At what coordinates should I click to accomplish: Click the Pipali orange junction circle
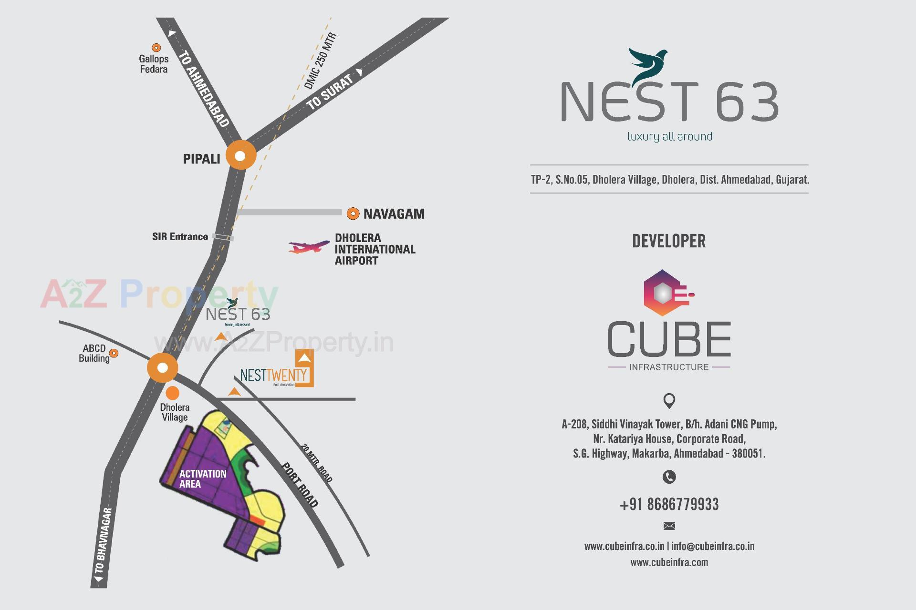pos(240,155)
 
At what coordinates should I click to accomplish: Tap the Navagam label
pos(394,214)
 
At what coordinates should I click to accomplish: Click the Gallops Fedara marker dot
pos(156,48)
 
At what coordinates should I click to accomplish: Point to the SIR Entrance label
pos(180,237)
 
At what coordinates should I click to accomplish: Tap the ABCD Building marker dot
pos(114,353)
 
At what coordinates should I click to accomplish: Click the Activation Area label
pos(203,478)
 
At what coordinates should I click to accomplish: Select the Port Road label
pos(300,484)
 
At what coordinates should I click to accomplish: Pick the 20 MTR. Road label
pos(316,463)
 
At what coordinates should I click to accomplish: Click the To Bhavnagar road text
pos(103,541)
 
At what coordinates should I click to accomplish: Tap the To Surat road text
pos(330,92)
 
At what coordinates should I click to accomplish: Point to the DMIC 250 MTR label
pos(320,61)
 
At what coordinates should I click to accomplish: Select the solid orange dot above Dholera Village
pos(172,393)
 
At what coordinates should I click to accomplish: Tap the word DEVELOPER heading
pos(669,241)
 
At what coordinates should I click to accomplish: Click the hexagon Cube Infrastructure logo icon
pos(665,293)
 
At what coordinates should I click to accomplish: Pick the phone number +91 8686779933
pos(669,504)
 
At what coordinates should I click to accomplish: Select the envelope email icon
pos(669,526)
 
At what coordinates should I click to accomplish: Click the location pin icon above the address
pos(669,401)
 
